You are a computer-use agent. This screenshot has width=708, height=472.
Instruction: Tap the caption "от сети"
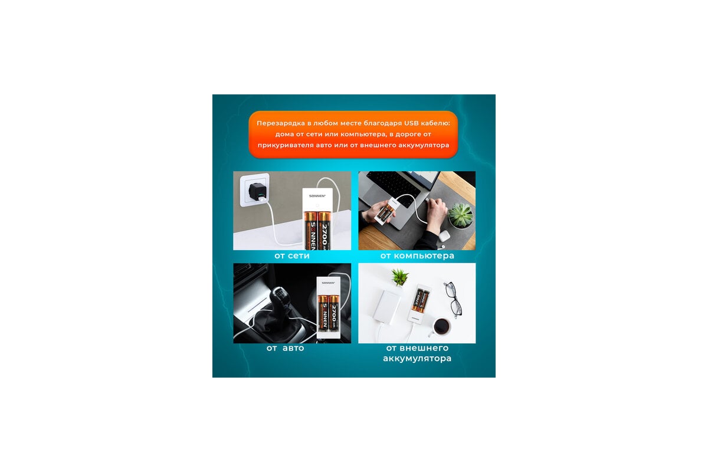(292, 255)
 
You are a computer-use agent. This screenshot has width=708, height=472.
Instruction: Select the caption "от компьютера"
(417, 255)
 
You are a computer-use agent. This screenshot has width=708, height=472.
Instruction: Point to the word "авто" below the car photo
(293, 348)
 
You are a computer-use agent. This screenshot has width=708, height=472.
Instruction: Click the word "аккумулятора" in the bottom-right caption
(417, 359)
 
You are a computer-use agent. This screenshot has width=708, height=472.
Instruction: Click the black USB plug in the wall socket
(258, 192)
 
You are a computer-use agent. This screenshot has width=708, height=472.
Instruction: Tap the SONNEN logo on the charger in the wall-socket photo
(317, 196)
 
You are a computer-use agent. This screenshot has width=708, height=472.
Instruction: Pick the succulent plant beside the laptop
(461, 215)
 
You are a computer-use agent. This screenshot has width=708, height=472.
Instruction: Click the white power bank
(386, 307)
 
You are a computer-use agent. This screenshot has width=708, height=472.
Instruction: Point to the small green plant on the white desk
(400, 277)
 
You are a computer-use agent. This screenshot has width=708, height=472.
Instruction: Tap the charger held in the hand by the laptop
(388, 211)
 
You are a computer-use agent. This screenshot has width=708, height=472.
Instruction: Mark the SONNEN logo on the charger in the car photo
(328, 283)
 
